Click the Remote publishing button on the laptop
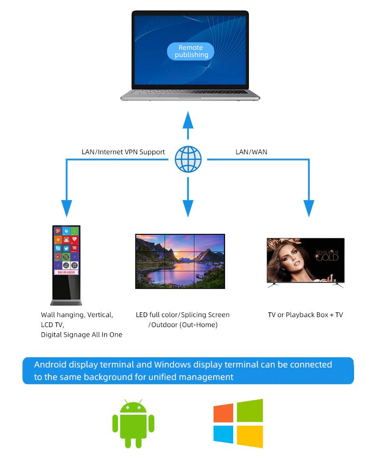[190, 51]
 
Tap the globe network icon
[188, 159]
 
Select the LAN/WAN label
[251, 152]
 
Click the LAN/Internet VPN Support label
[123, 152]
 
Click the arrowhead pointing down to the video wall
[188, 208]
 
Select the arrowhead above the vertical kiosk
[67, 208]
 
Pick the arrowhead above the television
[309, 208]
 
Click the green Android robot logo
[133, 424]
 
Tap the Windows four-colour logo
[238, 423]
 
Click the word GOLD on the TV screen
[327, 258]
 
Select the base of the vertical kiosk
[66, 302]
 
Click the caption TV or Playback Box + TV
[305, 315]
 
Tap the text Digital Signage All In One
[81, 335]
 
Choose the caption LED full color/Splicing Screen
[182, 315]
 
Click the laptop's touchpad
[190, 96]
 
